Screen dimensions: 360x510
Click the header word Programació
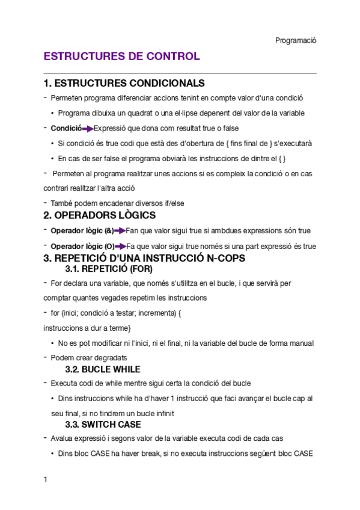tap(296, 40)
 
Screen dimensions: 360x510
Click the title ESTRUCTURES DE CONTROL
tap(121, 57)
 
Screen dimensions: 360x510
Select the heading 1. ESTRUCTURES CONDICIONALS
tap(124, 83)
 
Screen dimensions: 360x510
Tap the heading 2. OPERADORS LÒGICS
tap(100, 215)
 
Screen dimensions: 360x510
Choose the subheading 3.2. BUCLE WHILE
tap(103, 369)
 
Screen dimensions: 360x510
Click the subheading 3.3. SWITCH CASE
tap(103, 425)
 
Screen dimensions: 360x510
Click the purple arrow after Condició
tap(88, 128)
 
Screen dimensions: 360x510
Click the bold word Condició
tap(66, 128)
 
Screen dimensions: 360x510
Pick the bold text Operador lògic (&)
tap(82, 231)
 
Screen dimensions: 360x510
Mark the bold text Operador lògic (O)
tap(82, 247)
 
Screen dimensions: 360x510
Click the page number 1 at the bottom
tap(46, 480)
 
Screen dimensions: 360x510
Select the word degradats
tap(110, 357)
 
